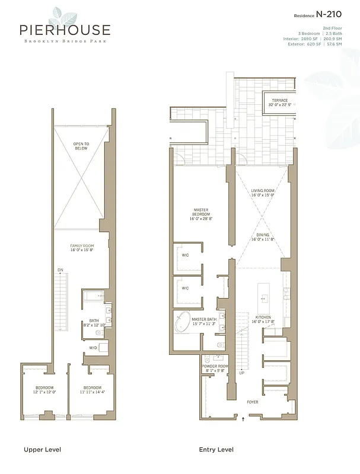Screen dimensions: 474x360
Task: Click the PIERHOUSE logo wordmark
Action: coord(65,30)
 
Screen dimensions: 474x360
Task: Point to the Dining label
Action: coord(263,238)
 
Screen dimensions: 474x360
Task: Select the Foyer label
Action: coord(253,402)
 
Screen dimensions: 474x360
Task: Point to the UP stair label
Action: coord(241,373)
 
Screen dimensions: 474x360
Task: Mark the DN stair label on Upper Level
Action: coord(60,270)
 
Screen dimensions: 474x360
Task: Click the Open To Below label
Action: coord(81,146)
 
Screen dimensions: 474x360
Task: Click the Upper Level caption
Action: coord(42,450)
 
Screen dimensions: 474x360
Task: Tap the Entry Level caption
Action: coord(216,450)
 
